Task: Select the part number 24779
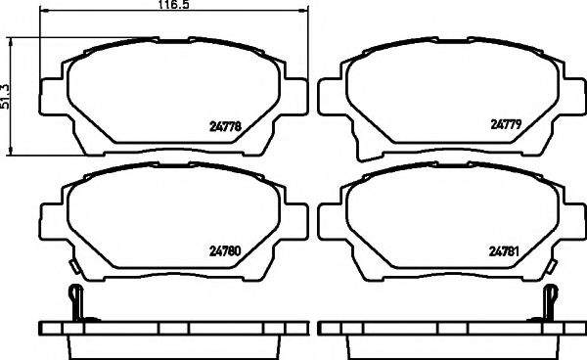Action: [x=508, y=124]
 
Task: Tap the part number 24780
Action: [x=227, y=248]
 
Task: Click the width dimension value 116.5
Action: [x=173, y=7]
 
